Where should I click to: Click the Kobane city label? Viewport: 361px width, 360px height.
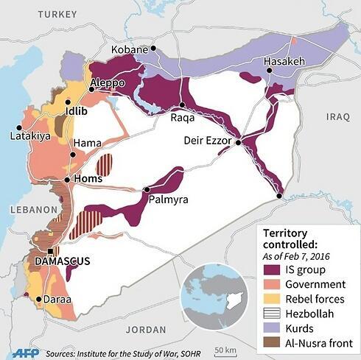click(130, 49)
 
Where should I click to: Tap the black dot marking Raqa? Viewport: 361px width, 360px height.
click(182, 105)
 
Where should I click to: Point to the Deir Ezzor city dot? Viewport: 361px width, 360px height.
click(238, 144)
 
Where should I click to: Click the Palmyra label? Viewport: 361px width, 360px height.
click(168, 200)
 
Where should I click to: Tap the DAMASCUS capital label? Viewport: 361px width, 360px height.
click(60, 261)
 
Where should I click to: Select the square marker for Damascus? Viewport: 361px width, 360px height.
click(49, 251)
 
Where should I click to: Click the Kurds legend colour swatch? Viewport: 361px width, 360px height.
click(270, 328)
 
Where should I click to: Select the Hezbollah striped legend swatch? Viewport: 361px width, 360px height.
click(270, 314)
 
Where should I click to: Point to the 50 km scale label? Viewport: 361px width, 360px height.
click(225, 348)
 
